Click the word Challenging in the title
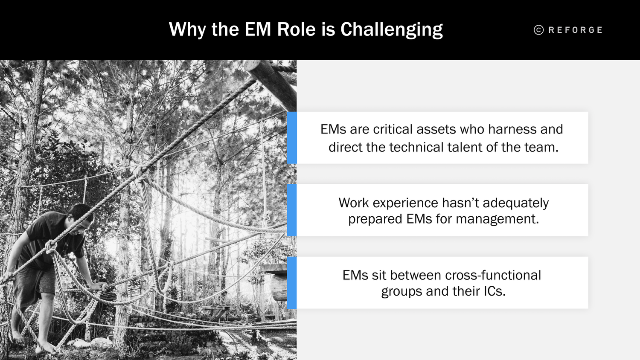(x=391, y=30)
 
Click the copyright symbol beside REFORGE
(x=538, y=30)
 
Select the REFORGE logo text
(x=575, y=30)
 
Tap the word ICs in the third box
(x=494, y=291)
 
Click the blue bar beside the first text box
(x=292, y=138)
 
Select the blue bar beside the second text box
(x=292, y=210)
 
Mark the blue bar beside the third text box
(x=292, y=283)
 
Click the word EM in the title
(x=258, y=29)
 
